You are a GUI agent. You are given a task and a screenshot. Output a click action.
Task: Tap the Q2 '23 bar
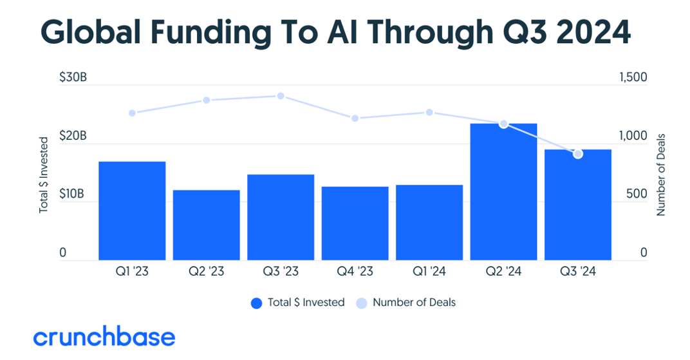(206, 225)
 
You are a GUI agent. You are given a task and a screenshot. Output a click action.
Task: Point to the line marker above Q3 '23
(281, 96)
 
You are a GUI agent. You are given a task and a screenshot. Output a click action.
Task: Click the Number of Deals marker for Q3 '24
(578, 154)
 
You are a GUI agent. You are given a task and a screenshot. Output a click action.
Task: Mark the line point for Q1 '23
(132, 113)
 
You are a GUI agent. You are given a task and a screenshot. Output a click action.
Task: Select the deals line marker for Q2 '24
(503, 124)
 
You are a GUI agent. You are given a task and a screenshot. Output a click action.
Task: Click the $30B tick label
(73, 77)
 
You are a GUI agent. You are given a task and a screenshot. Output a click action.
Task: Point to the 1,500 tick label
(633, 77)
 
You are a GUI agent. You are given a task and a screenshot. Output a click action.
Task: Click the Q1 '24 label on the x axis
(429, 272)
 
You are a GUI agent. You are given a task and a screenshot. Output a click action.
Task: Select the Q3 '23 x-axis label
(281, 272)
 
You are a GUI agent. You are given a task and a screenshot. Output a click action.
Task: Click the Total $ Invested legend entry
(297, 302)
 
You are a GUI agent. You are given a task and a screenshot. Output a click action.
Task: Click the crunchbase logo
(104, 337)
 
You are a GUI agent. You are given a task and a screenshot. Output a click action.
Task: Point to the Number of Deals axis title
(661, 175)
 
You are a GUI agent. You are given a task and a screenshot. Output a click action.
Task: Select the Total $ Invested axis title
(44, 175)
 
